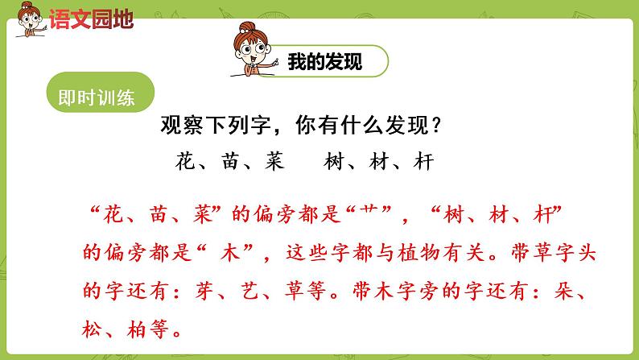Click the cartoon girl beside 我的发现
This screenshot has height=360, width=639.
pyautogui.click(x=251, y=50)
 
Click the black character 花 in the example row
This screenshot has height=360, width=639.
pyautogui.click(x=185, y=162)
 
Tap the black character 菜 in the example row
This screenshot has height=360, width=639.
pyautogui.click(x=275, y=162)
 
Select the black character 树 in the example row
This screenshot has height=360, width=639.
pyautogui.click(x=333, y=162)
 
